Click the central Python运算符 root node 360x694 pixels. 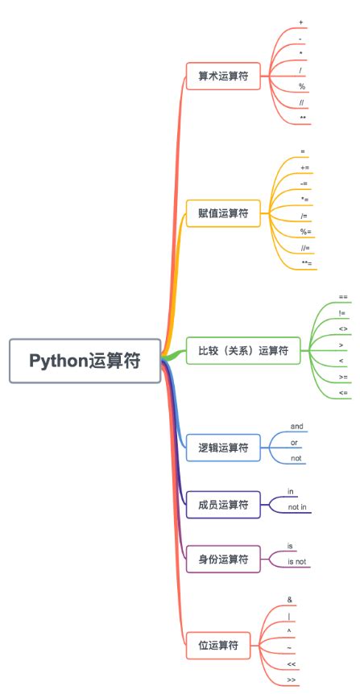(85, 360)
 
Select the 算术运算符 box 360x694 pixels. (223, 77)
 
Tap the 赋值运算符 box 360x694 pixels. (223, 213)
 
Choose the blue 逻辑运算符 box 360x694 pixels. (223, 447)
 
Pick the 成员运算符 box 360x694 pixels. (223, 505)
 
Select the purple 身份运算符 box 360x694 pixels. (223, 559)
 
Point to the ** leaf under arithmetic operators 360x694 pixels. (302, 119)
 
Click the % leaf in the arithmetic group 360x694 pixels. (302, 87)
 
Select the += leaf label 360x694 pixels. (304, 167)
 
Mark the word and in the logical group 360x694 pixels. (296, 426)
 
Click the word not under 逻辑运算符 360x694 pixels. (296, 458)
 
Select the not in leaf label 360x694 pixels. (297, 508)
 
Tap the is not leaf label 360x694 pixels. (297, 562)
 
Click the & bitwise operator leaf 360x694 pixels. (289, 600)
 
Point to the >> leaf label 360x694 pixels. (291, 680)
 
